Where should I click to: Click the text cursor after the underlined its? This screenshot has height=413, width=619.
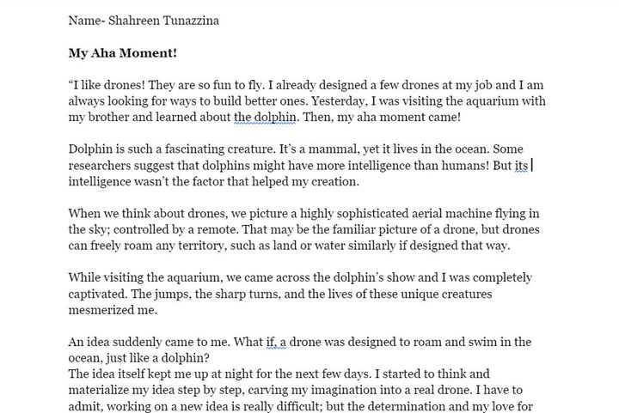(532, 166)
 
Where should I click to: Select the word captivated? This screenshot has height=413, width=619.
(97, 295)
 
